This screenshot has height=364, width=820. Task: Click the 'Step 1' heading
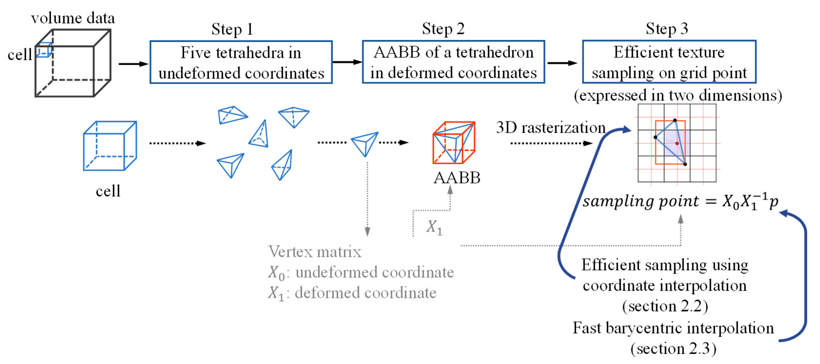[232, 29]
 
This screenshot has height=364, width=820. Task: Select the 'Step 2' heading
[443, 29]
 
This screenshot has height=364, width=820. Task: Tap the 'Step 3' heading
[667, 29]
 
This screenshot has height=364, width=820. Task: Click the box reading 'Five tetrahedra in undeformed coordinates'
[241, 62]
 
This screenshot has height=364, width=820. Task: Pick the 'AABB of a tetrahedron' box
[453, 62]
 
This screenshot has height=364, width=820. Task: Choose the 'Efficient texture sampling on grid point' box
[669, 62]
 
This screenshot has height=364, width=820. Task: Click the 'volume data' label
[73, 18]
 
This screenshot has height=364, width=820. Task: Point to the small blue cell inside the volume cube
[44, 50]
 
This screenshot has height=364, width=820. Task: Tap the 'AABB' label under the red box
[457, 178]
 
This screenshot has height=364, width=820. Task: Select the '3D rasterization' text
[550, 127]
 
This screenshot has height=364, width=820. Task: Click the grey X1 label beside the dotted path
[434, 227]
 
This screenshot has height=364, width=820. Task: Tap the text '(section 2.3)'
[673, 348]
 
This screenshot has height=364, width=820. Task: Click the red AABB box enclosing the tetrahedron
[454, 143]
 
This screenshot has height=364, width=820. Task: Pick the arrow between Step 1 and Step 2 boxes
[347, 62]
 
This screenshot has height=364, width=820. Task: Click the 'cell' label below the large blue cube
[108, 191]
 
